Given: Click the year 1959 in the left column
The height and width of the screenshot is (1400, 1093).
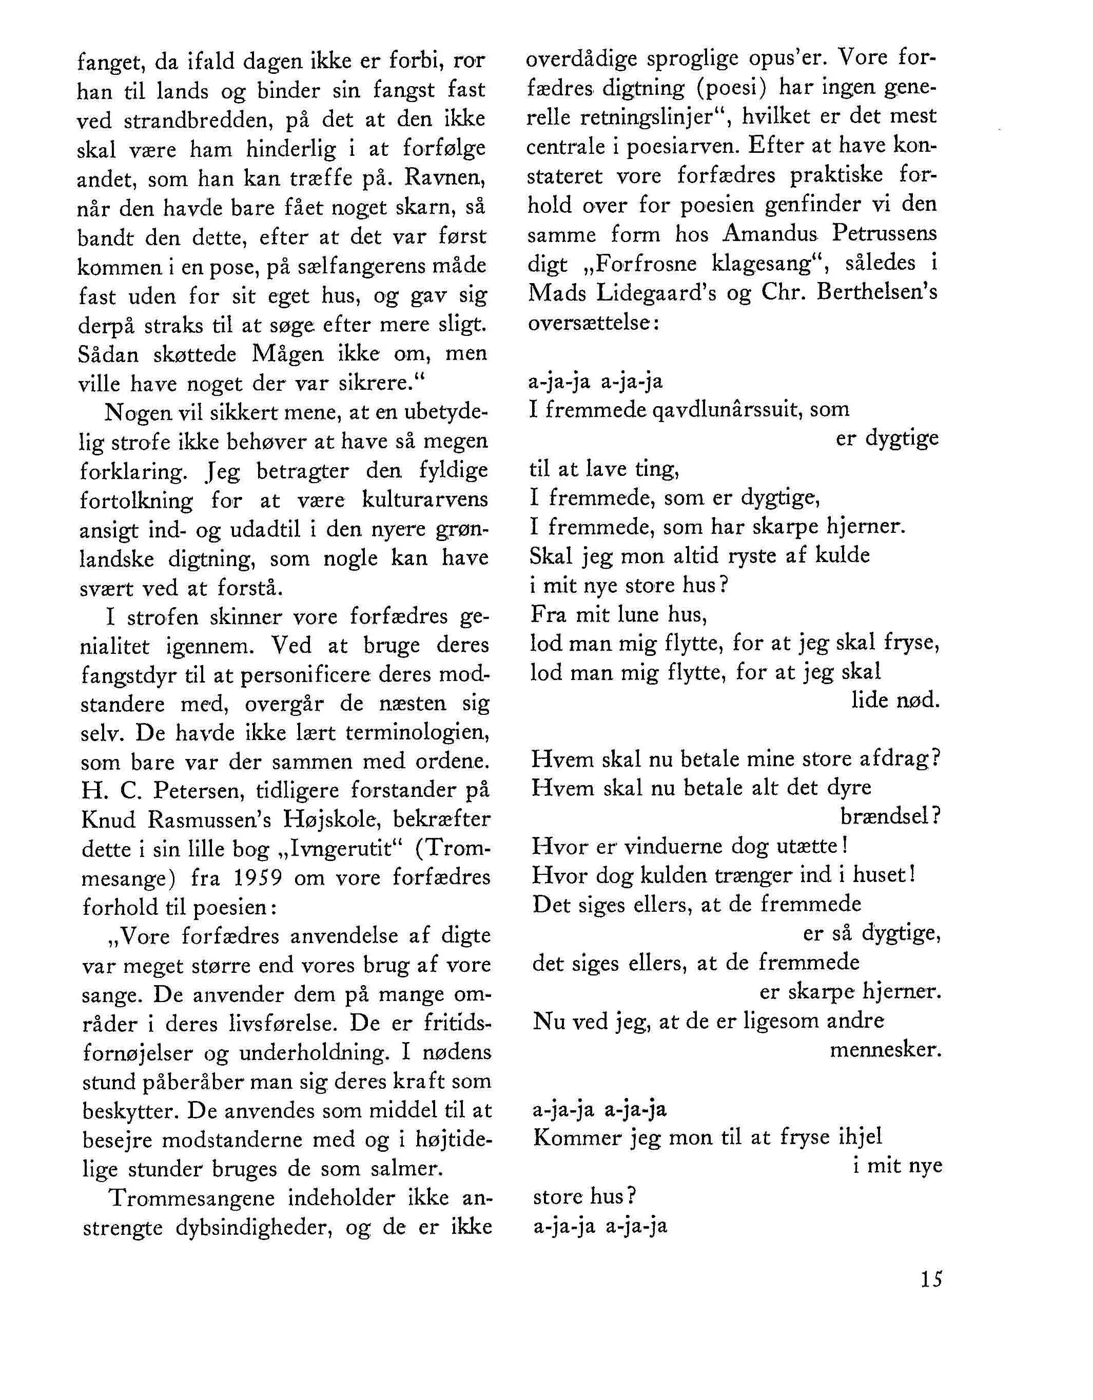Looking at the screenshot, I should click(x=257, y=877).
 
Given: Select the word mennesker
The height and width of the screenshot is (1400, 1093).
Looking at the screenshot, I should click(x=885, y=1051).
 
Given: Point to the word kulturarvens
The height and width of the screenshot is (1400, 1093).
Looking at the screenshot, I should click(x=425, y=499).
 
